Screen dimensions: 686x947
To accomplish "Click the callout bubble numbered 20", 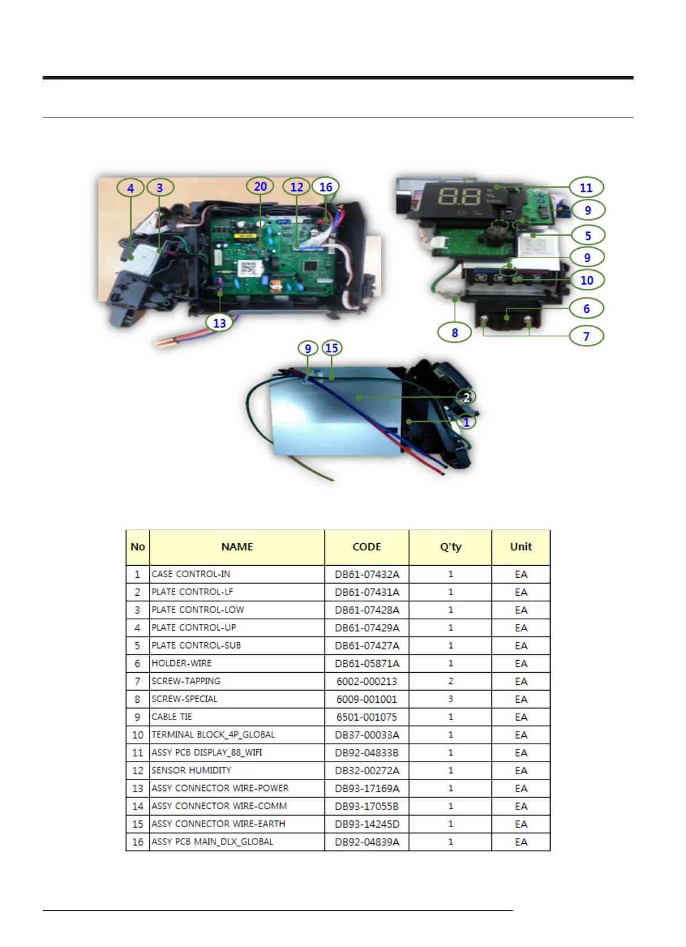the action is pyautogui.click(x=260, y=187).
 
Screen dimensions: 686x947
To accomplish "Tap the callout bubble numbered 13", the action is pyautogui.click(x=219, y=323).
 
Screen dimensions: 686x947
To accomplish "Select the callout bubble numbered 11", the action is pyautogui.click(x=586, y=188).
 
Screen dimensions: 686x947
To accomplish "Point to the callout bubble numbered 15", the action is pyautogui.click(x=331, y=348).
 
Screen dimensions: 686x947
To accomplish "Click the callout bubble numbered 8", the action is pyautogui.click(x=454, y=332).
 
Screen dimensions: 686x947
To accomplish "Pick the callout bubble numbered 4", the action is pyautogui.click(x=131, y=188).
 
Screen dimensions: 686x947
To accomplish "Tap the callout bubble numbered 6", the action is pyautogui.click(x=586, y=309).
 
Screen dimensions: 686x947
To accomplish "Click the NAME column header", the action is pyautogui.click(x=237, y=547).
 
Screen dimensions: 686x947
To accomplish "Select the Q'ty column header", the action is pyautogui.click(x=450, y=547).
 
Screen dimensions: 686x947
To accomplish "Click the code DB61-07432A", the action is pyautogui.click(x=367, y=574).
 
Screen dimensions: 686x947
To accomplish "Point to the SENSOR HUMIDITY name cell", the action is pyautogui.click(x=191, y=770).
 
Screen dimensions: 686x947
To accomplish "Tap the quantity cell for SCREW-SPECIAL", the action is pyautogui.click(x=450, y=699).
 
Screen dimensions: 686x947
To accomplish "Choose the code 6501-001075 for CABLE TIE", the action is pyautogui.click(x=367, y=717).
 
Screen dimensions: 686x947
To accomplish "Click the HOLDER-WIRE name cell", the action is pyautogui.click(x=181, y=663).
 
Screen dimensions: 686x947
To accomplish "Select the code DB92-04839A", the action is pyautogui.click(x=367, y=842).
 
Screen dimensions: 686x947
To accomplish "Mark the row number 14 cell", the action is pyautogui.click(x=138, y=806).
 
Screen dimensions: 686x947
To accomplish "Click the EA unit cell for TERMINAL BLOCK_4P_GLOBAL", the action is pyautogui.click(x=521, y=734).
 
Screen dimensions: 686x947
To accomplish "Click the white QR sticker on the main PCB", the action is pyautogui.click(x=248, y=268).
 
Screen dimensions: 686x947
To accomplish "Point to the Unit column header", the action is pyautogui.click(x=521, y=547).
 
